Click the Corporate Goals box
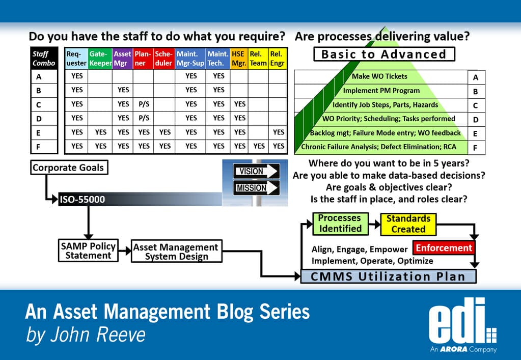pyautogui.click(x=68, y=168)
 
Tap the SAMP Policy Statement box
pyautogui.click(x=88, y=251)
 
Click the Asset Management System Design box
pyautogui.click(x=176, y=252)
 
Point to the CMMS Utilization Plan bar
pyautogui.click(x=388, y=276)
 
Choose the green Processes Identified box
pyautogui.click(x=339, y=223)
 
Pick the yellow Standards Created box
pyautogui.click(x=408, y=224)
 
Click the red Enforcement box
pyautogui.click(x=443, y=248)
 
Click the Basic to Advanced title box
pyautogui.click(x=383, y=54)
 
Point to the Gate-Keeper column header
pyautogui.click(x=100, y=59)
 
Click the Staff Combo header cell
pyautogui.click(x=44, y=59)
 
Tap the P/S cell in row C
pyautogui.click(x=143, y=104)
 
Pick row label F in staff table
pyautogui.click(x=39, y=147)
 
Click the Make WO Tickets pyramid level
pyautogui.click(x=379, y=76)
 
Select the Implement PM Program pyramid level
pyautogui.click(x=381, y=91)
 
